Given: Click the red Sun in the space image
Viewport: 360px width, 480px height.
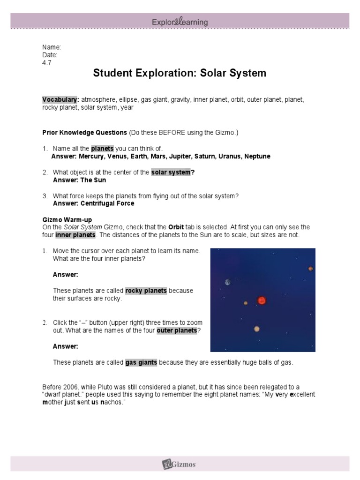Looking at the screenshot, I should (x=262, y=300).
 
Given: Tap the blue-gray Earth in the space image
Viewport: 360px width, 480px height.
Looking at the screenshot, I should (x=227, y=282).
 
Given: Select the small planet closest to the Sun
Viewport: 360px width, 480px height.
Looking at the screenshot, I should (x=245, y=303).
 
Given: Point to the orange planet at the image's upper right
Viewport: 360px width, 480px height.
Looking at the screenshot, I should (x=310, y=269).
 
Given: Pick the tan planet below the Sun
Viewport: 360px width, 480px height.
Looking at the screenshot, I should (x=257, y=329).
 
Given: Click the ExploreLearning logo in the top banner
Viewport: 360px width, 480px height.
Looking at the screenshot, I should (x=180, y=22).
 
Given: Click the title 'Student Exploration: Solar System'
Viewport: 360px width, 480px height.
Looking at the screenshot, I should (x=180, y=73).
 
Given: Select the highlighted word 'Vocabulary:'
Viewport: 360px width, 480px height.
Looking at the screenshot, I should (x=60, y=100).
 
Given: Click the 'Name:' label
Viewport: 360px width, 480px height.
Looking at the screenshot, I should (x=52, y=47).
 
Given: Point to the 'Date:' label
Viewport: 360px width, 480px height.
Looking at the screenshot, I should (x=50, y=55).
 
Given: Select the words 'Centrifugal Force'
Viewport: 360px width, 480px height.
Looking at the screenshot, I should (x=107, y=203).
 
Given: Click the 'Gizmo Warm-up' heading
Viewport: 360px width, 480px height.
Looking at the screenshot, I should (x=67, y=219).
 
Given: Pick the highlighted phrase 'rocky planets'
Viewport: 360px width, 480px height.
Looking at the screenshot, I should (x=146, y=291).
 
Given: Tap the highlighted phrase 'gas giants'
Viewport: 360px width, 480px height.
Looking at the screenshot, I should (x=141, y=362).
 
